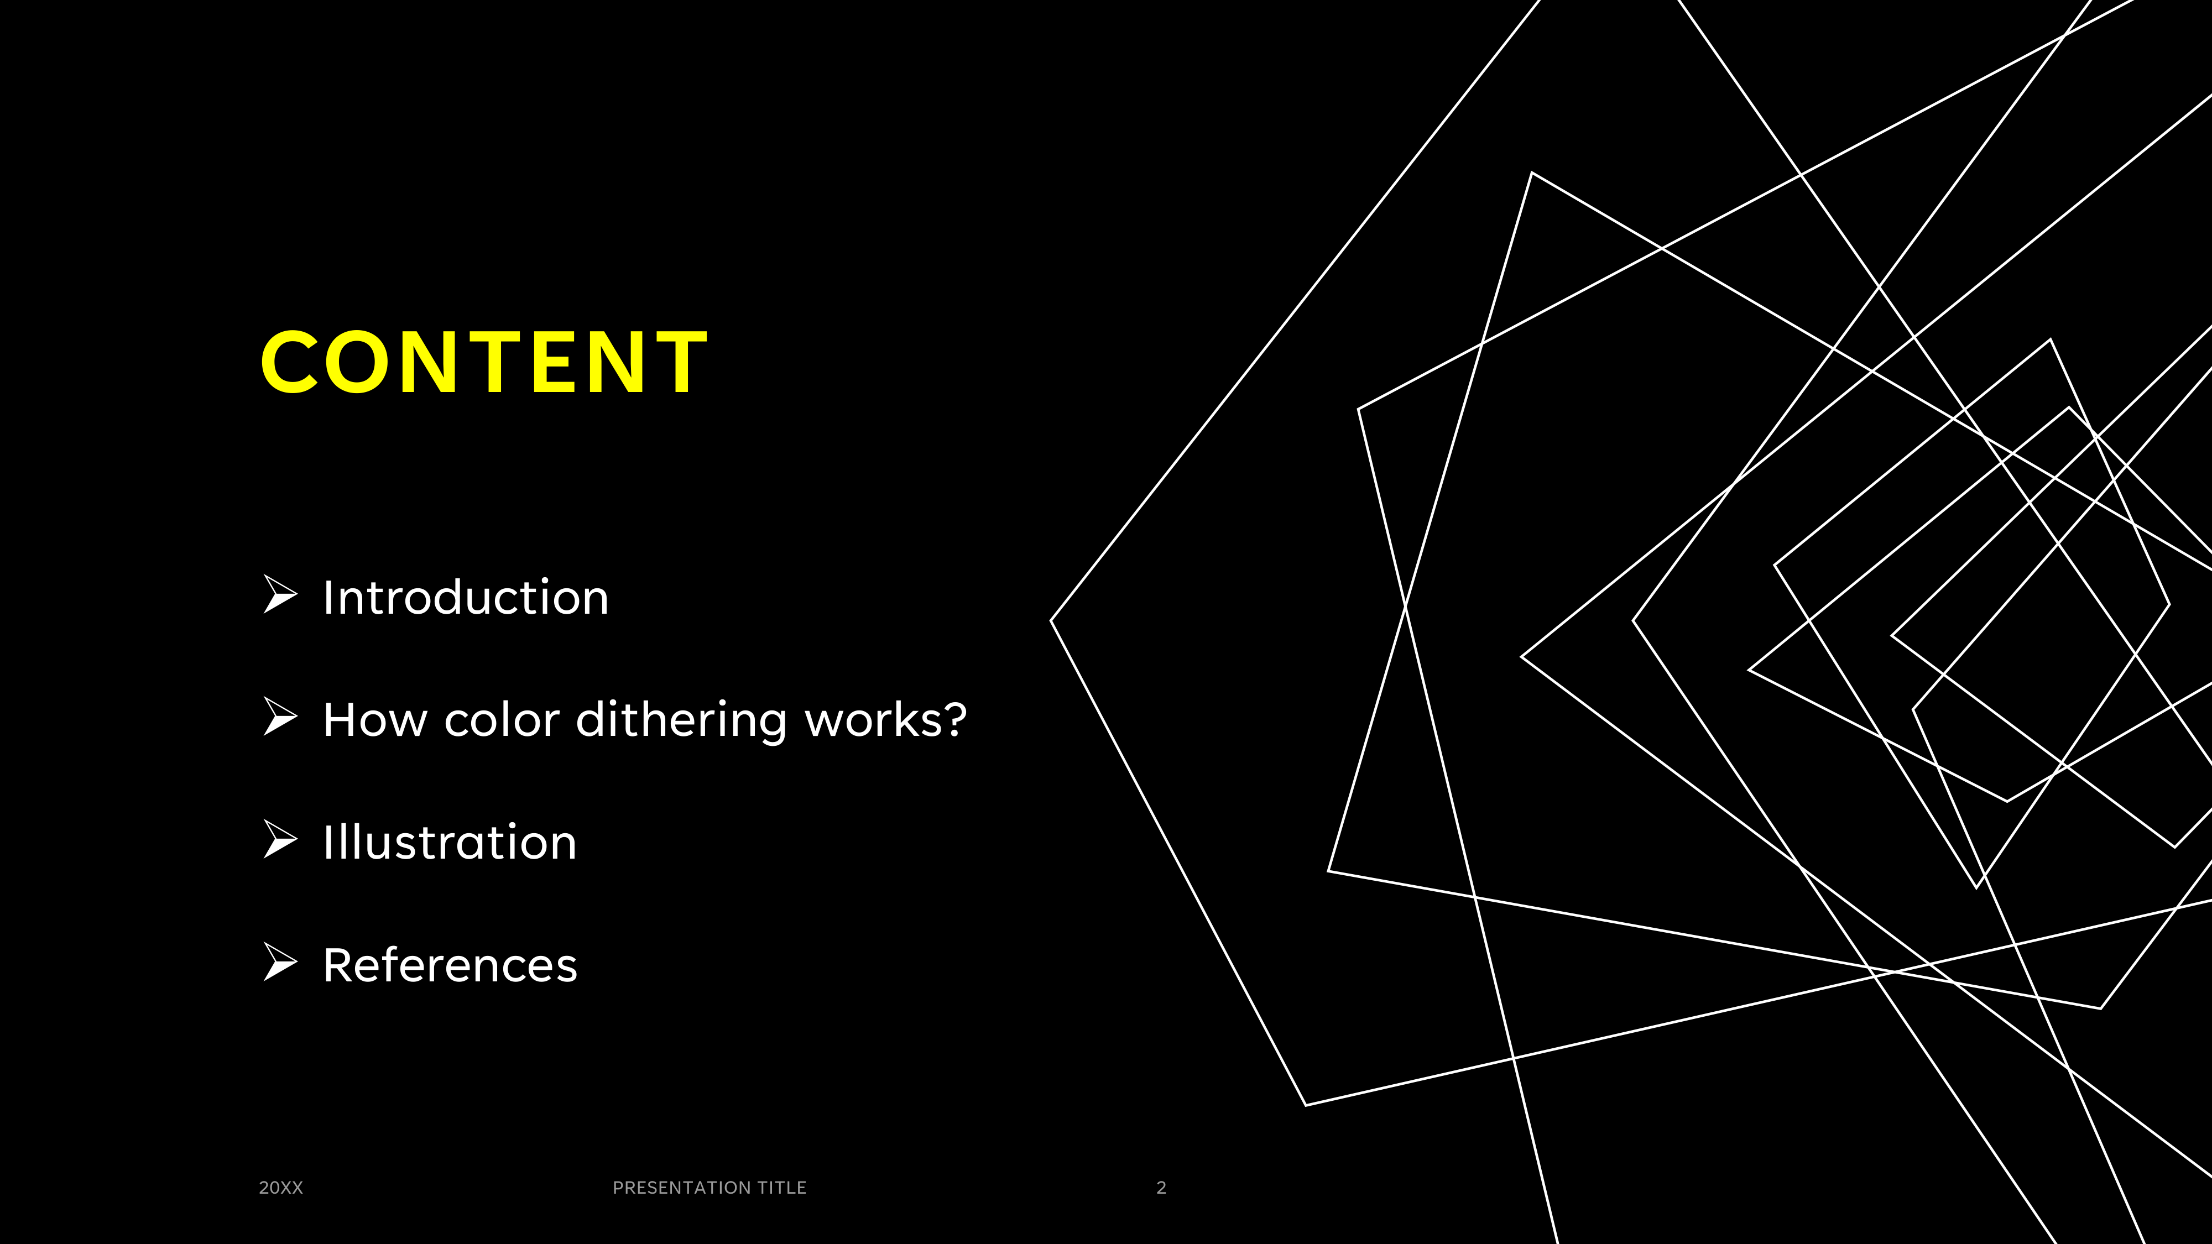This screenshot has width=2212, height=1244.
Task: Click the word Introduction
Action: [466, 598]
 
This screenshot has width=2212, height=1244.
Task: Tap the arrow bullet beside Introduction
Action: [280, 594]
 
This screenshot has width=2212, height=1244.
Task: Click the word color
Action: [502, 719]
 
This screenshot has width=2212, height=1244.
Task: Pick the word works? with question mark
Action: [885, 719]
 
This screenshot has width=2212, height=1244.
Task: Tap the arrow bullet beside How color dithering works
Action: [280, 717]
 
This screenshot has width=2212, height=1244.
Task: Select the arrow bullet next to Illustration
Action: [280, 840]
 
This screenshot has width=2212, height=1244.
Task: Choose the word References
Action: [450, 965]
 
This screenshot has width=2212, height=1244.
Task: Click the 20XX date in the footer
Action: [281, 1188]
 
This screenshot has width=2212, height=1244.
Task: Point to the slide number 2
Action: [1161, 1188]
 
